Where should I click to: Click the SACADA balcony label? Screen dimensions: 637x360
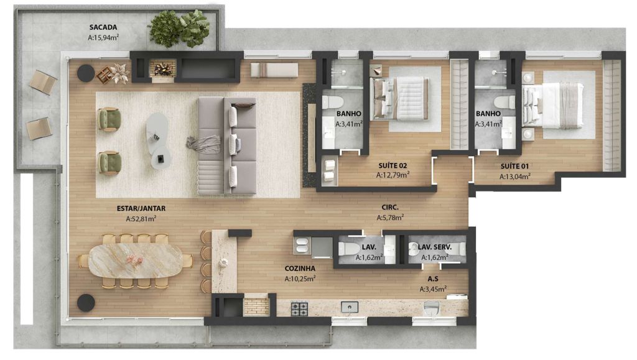pos(103,27)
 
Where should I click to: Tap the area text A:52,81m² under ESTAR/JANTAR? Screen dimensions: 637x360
pos(141,219)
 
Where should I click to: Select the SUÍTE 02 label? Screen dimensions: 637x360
pos(393,165)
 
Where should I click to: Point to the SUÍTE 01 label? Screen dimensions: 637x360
pos(514,166)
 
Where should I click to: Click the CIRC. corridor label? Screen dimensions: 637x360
pos(390,208)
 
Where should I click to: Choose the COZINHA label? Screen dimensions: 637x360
pos(300,268)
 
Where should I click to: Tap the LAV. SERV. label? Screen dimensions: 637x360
pos(435,247)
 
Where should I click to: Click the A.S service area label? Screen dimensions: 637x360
pos(433,279)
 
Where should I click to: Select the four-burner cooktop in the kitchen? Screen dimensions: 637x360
pos(299,309)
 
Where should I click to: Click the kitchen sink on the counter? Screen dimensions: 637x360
pos(350,307)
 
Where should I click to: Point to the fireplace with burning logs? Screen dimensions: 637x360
pos(162,68)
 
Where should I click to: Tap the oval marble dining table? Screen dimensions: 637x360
pos(136,261)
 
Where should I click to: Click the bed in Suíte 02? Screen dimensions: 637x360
pos(400,99)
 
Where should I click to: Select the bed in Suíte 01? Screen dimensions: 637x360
pos(553,106)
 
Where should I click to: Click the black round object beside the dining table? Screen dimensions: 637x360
pos(86,303)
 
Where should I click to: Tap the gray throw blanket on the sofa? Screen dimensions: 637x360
pos(204,144)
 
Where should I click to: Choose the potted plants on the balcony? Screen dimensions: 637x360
pos(180,28)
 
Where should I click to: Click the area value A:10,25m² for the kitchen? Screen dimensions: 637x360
pos(300,279)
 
